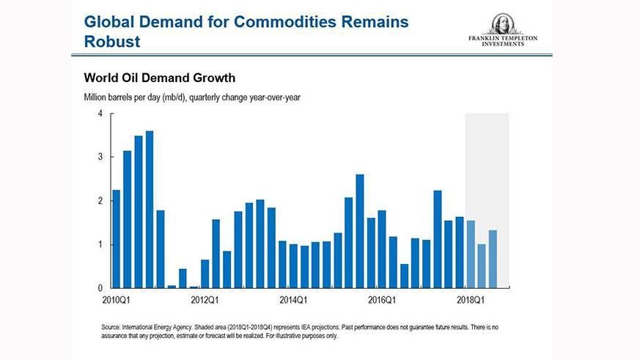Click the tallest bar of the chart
(x=150, y=209)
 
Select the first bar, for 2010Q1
(x=116, y=238)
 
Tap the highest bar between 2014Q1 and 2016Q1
(x=360, y=231)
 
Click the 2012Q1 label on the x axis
(x=205, y=299)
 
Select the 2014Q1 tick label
(x=293, y=299)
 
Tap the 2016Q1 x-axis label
(x=382, y=299)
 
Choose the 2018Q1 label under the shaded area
(x=470, y=299)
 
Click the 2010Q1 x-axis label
(x=117, y=299)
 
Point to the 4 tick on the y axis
(x=100, y=114)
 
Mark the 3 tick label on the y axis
(x=100, y=157)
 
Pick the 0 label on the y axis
(x=100, y=288)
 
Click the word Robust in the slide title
(x=112, y=41)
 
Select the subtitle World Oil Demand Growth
(x=159, y=77)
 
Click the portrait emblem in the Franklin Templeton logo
(x=502, y=23)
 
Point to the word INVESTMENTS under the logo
(x=503, y=44)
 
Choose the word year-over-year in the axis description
(x=276, y=98)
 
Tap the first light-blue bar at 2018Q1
(x=471, y=254)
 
